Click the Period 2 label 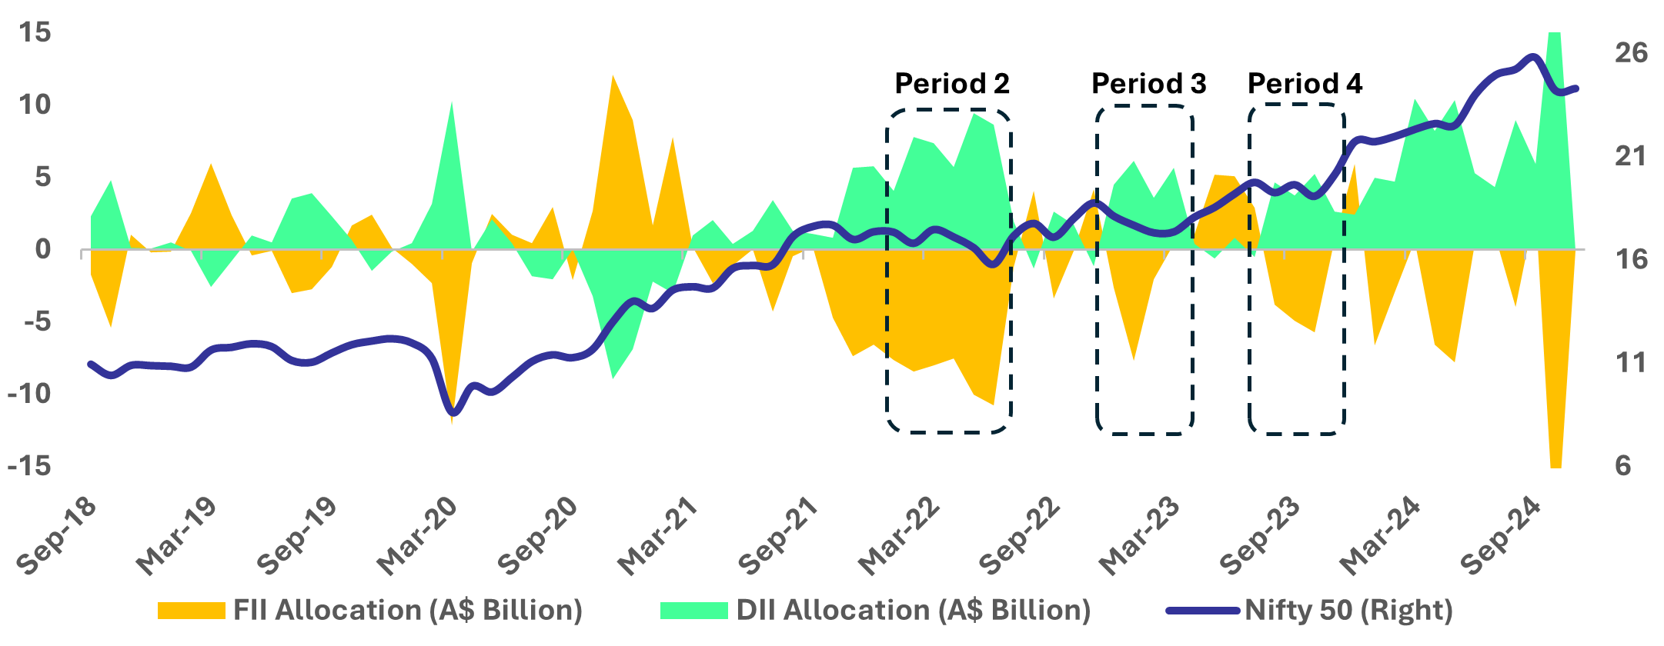point(951,83)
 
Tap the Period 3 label point(1148,83)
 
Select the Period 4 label point(1305,83)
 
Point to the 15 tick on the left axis point(35,32)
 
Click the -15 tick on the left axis point(29,466)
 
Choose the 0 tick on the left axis point(42,249)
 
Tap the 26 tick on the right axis point(1631,52)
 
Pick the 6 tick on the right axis point(1622,466)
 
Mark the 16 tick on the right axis point(1631,259)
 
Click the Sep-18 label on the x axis point(58,536)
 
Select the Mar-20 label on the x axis point(418,536)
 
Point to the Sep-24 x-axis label point(1502,536)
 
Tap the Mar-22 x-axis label point(900,536)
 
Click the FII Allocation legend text point(408,611)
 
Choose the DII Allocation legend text point(914,611)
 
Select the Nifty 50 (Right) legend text point(1348,611)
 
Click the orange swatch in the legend point(191,611)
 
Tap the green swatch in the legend point(693,611)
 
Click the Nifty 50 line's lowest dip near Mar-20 point(453,413)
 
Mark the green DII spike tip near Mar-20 point(451,104)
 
